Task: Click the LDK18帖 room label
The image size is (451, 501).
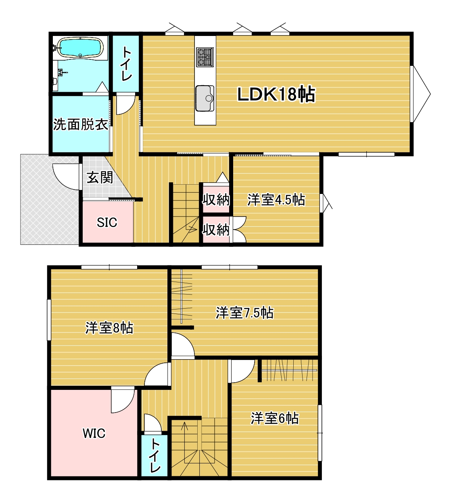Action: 276,94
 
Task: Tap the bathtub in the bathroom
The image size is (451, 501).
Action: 79,48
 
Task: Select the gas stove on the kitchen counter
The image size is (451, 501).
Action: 205,57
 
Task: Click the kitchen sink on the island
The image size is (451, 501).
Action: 205,98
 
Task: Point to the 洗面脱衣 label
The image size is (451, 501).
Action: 81,124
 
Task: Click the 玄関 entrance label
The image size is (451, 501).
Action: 100,177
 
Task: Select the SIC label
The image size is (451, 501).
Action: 107,222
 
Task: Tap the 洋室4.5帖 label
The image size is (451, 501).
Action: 276,200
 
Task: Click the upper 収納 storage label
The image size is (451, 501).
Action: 216,200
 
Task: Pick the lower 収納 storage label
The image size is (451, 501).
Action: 216,230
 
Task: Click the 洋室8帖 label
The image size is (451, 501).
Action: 109,328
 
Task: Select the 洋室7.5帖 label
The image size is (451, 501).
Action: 244,313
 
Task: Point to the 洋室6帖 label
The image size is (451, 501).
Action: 274,418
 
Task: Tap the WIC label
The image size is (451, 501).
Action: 94,434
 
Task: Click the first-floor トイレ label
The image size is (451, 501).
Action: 126,64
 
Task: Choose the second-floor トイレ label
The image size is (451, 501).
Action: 155,456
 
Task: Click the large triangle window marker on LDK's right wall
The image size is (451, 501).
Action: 421,94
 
